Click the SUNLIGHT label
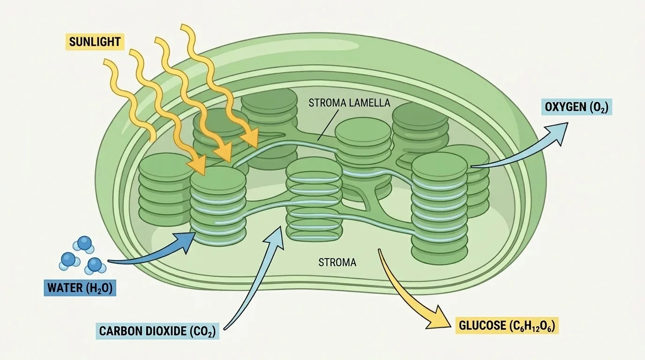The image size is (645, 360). [x=95, y=42]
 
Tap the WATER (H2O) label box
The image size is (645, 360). [x=79, y=287]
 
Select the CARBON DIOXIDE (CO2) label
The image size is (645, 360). [x=158, y=330]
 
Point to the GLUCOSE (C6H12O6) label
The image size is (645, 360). [x=507, y=325]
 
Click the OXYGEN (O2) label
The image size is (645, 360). [x=577, y=107]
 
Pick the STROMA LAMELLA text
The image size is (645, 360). [x=349, y=103]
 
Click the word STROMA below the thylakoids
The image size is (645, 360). [x=337, y=262]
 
